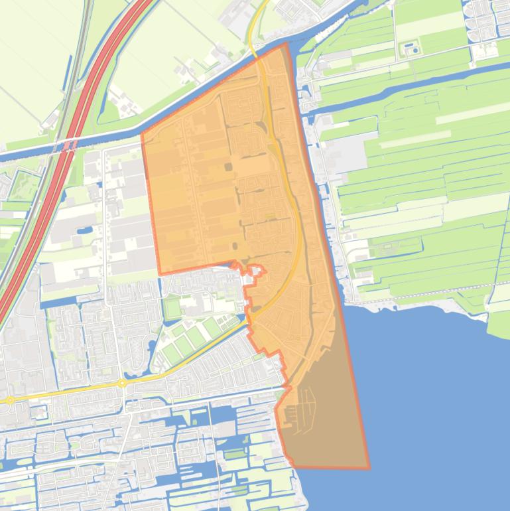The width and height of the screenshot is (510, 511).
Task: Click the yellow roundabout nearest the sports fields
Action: [122, 384]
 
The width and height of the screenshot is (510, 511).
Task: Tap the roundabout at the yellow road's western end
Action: [9, 400]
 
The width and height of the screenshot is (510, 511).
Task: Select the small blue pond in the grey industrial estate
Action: [85, 231]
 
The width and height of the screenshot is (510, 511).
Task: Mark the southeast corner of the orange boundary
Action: [369, 468]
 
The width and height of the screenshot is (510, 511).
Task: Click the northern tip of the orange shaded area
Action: [286, 44]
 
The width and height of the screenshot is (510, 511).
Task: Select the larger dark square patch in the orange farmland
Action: [229, 167]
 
